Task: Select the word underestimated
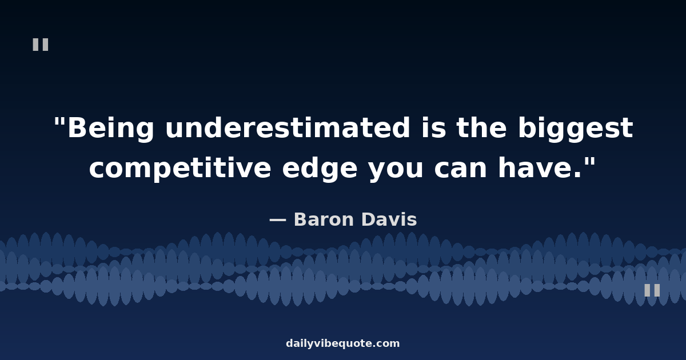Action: click(288, 127)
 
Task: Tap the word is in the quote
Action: click(434, 127)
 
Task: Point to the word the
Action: click(481, 127)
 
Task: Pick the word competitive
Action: click(180, 169)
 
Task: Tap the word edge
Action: click(320, 169)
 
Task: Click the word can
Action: click(461, 169)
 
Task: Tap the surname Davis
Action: click(389, 219)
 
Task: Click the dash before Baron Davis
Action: click(278, 220)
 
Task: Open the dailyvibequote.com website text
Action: click(343, 343)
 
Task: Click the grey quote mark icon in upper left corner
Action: click(41, 45)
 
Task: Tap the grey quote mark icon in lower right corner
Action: click(652, 290)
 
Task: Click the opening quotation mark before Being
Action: click(59, 122)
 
